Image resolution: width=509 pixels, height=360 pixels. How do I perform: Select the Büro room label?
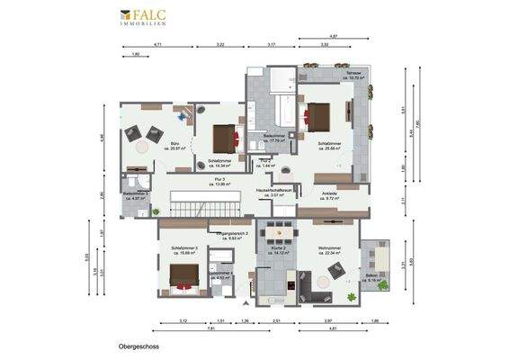click(173, 145)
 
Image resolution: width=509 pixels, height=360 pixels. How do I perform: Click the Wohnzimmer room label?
click(331, 251)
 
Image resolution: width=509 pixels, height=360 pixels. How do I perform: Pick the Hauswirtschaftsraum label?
click(274, 192)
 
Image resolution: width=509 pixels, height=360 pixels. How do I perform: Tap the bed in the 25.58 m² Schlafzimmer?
click(318, 117)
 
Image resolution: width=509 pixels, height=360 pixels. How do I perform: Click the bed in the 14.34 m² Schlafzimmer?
click(224, 139)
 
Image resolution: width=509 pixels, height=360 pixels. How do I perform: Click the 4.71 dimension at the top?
click(157, 44)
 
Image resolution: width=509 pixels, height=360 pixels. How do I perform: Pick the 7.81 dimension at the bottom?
click(210, 328)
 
